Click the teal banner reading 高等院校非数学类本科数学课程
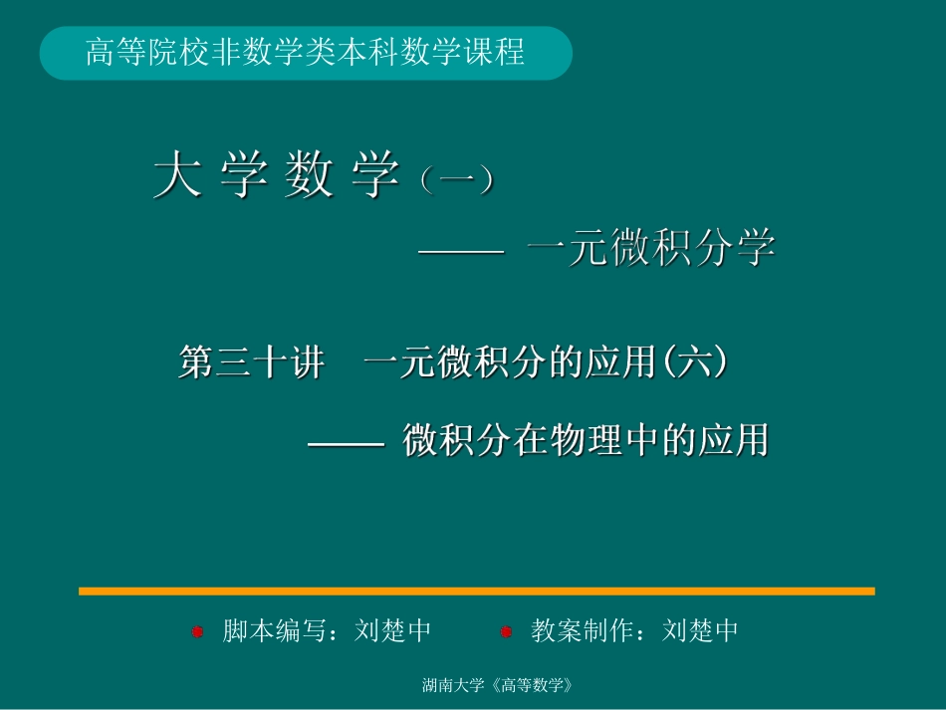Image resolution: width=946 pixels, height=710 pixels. coord(306,53)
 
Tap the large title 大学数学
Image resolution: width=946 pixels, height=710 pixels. coord(276,176)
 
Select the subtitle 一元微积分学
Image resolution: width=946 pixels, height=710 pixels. coord(651,249)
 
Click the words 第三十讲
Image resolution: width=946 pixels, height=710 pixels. coord(251,363)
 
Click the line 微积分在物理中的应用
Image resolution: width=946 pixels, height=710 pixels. coord(586,439)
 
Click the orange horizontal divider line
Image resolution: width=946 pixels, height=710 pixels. coord(476,591)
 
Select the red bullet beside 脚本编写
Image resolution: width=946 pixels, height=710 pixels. coord(197,631)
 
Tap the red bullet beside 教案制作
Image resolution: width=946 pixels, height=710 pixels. coord(506,631)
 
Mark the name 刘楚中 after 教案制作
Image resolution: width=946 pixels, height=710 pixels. coord(701,631)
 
